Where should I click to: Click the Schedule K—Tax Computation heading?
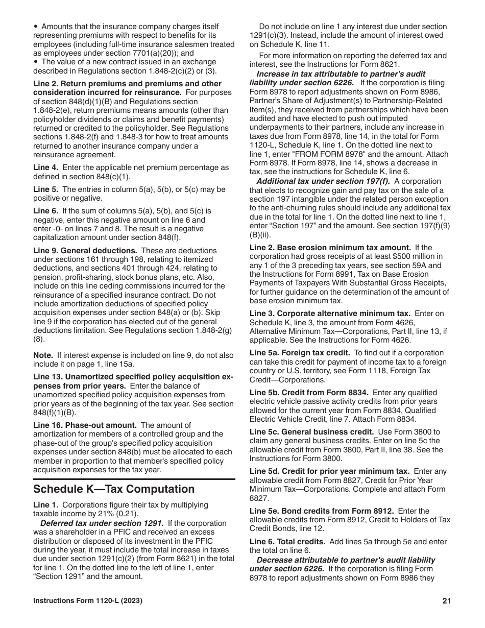(114, 489)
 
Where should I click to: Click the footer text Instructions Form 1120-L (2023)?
(88, 601)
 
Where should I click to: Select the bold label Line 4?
(45, 167)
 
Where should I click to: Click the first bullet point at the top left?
(36, 26)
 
